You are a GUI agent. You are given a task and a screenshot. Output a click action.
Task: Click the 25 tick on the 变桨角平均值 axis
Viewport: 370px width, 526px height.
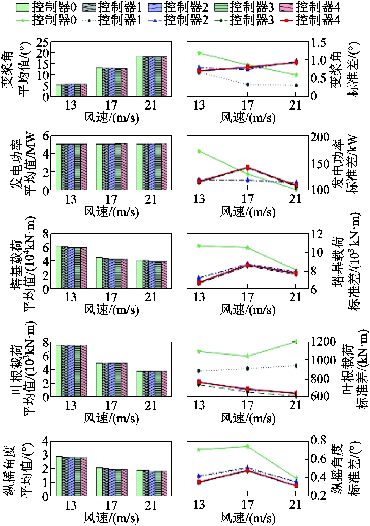[42, 43]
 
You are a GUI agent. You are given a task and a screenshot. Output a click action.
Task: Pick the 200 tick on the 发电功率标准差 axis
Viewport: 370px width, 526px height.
[320, 137]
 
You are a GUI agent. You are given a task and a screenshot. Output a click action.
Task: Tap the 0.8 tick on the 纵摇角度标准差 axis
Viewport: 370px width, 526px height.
[318, 440]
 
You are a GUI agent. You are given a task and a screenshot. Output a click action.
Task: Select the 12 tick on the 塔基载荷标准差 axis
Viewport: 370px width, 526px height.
[317, 234]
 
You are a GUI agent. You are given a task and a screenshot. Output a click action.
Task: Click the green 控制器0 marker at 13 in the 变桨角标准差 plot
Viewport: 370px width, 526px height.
[199, 53]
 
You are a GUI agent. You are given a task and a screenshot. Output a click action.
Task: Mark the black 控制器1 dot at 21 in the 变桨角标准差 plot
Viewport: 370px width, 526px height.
[296, 85]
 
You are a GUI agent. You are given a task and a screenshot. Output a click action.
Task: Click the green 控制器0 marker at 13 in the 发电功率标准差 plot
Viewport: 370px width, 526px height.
[199, 151]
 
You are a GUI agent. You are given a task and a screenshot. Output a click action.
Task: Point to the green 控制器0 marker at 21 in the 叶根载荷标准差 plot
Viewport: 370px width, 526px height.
[296, 342]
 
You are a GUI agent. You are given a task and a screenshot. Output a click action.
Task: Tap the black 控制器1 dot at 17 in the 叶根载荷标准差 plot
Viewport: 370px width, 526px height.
[247, 368]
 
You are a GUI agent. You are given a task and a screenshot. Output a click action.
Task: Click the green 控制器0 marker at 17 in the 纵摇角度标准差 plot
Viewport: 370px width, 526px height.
[247, 447]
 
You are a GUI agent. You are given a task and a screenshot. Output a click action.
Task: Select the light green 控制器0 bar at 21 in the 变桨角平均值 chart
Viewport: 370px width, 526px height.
[139, 76]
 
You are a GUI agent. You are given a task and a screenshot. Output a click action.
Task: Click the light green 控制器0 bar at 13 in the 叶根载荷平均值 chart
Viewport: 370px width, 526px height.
[59, 371]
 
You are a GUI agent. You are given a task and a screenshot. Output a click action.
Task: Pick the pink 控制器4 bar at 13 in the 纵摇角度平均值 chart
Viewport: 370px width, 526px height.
[84, 476]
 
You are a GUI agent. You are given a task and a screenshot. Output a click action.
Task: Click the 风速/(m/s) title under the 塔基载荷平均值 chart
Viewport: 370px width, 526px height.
[111, 310]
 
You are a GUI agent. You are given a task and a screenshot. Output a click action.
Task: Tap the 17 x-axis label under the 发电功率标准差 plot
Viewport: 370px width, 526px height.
[247, 199]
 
